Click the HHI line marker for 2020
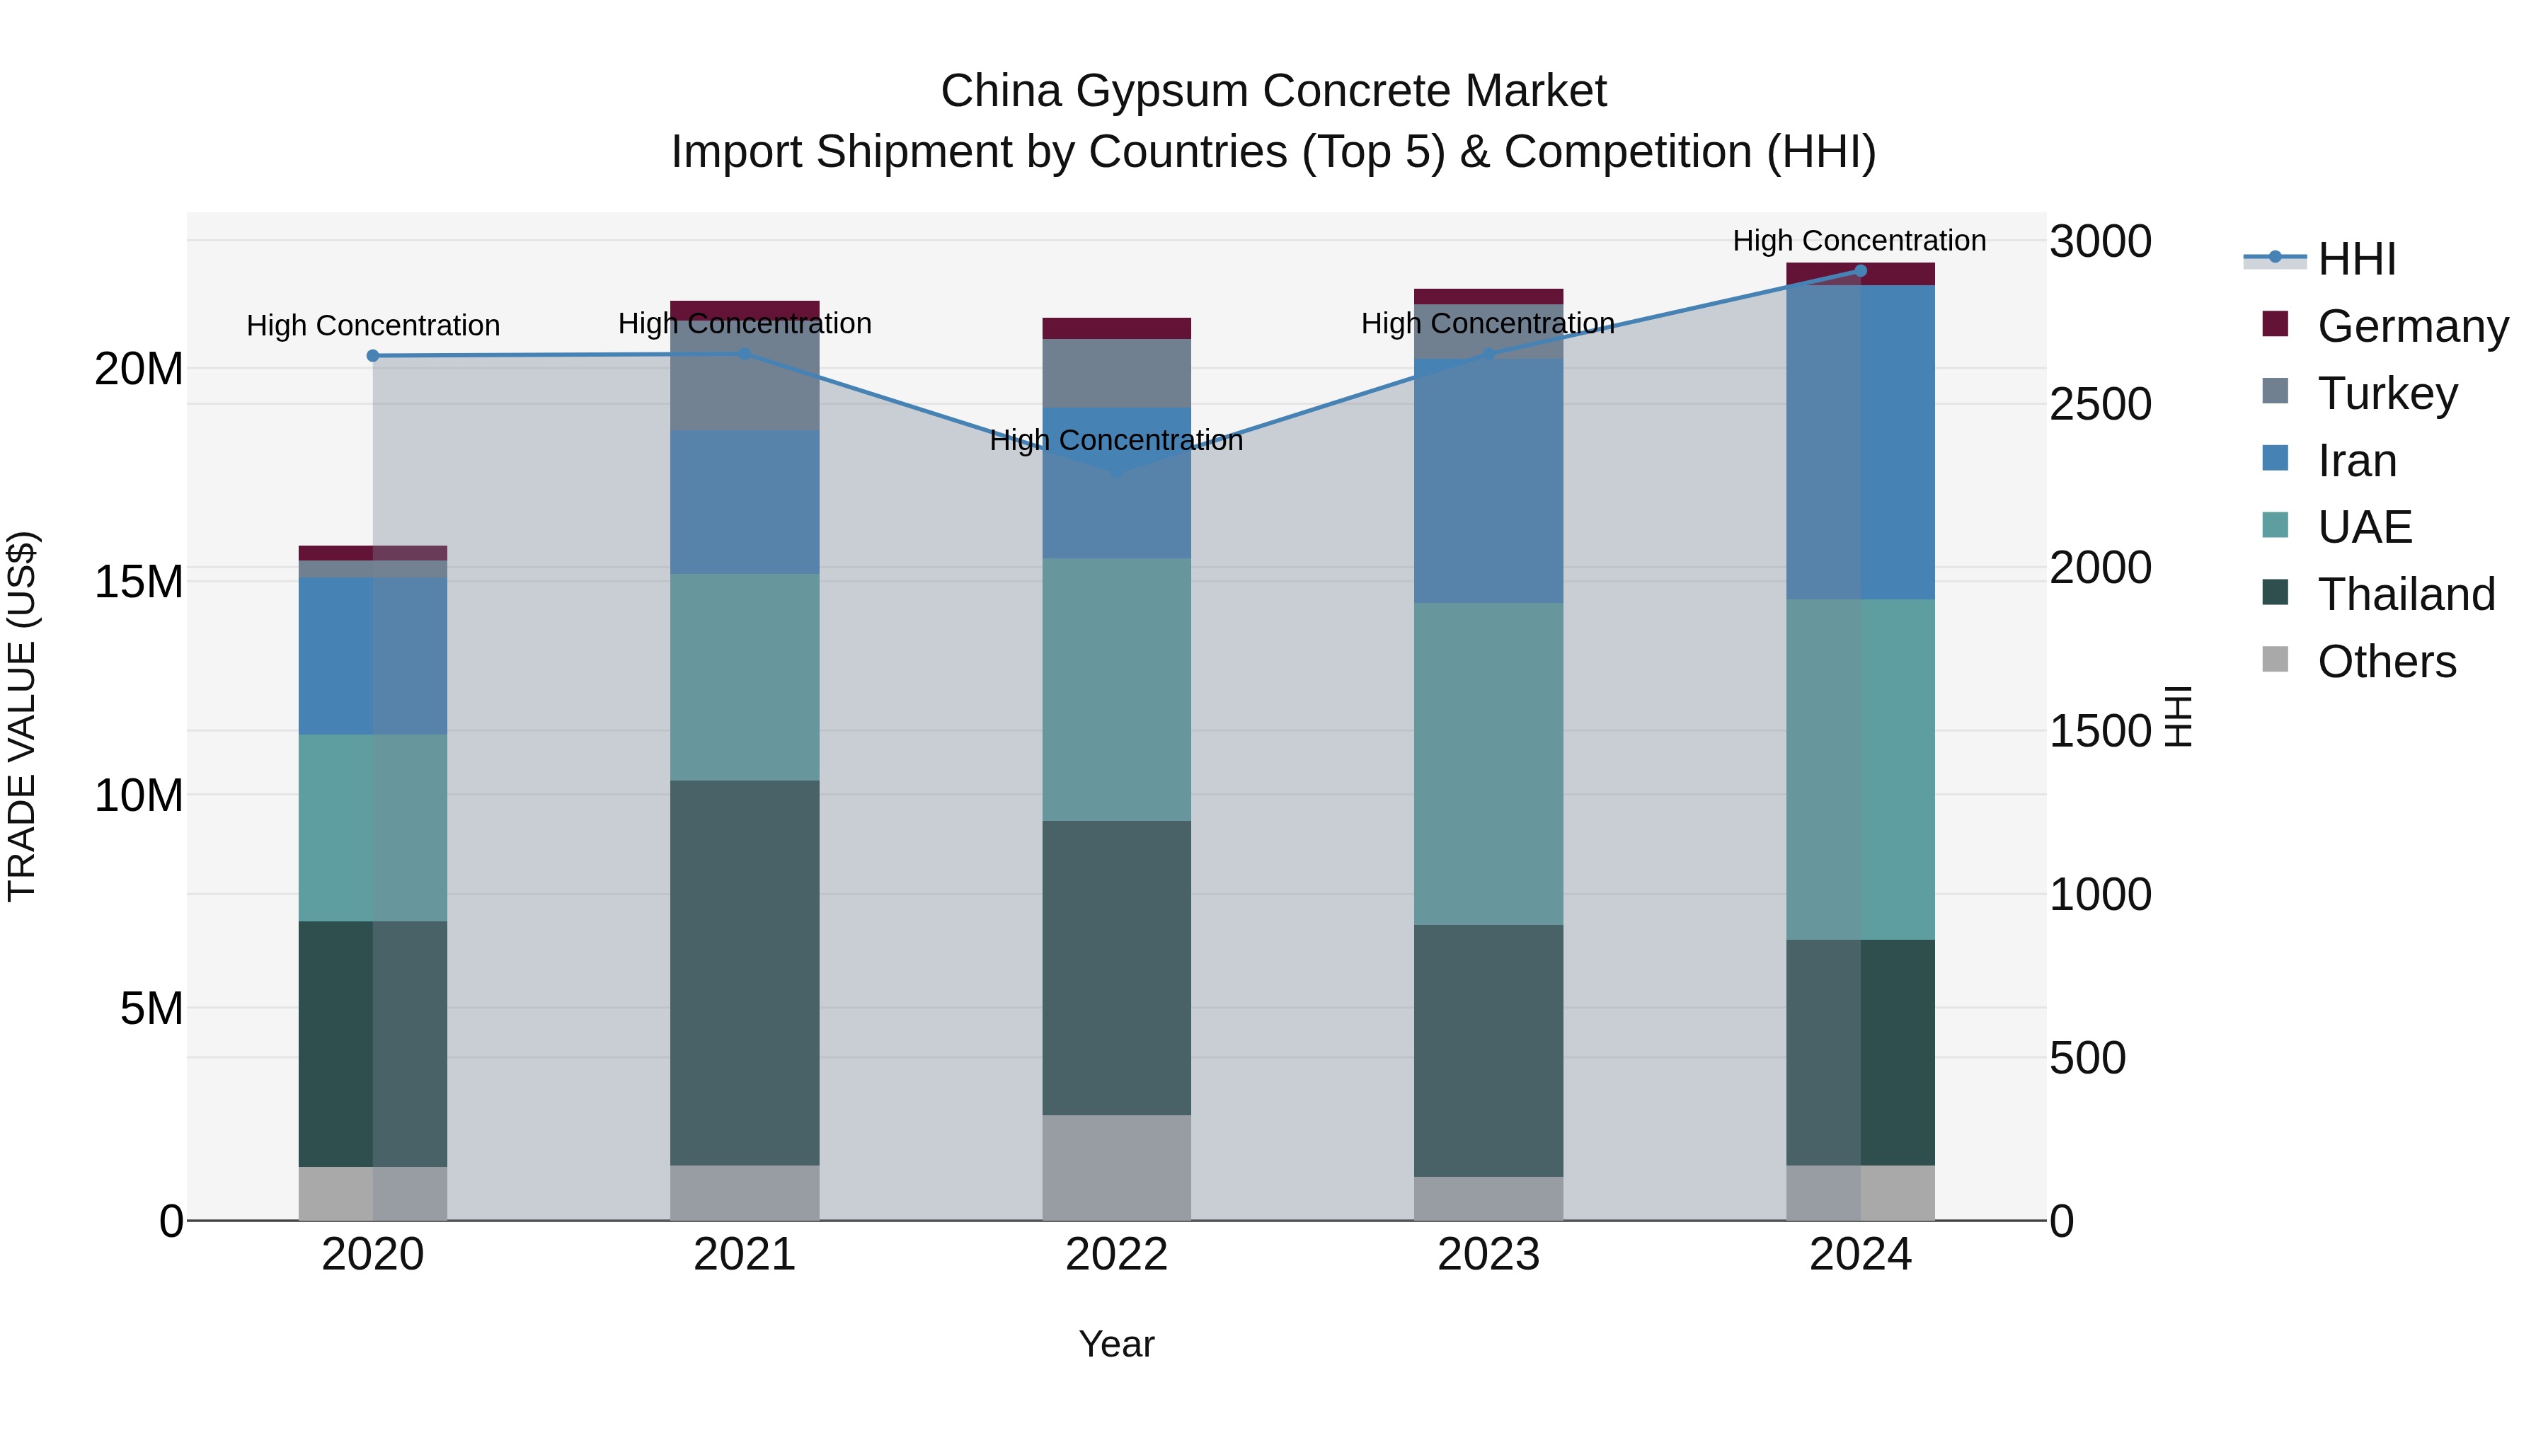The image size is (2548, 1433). coord(373,356)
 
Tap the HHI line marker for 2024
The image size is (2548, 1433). coord(1859,271)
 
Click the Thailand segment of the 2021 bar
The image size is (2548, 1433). coord(744,972)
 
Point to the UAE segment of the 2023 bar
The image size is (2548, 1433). coord(1488,764)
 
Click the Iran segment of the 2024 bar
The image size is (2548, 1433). coord(1859,442)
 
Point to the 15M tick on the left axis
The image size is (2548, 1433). coord(139,582)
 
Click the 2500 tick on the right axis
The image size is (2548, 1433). coord(2100,405)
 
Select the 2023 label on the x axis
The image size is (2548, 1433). coord(1488,1255)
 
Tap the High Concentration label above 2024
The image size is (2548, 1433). coord(1859,241)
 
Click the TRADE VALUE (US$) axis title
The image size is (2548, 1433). coord(22,716)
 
